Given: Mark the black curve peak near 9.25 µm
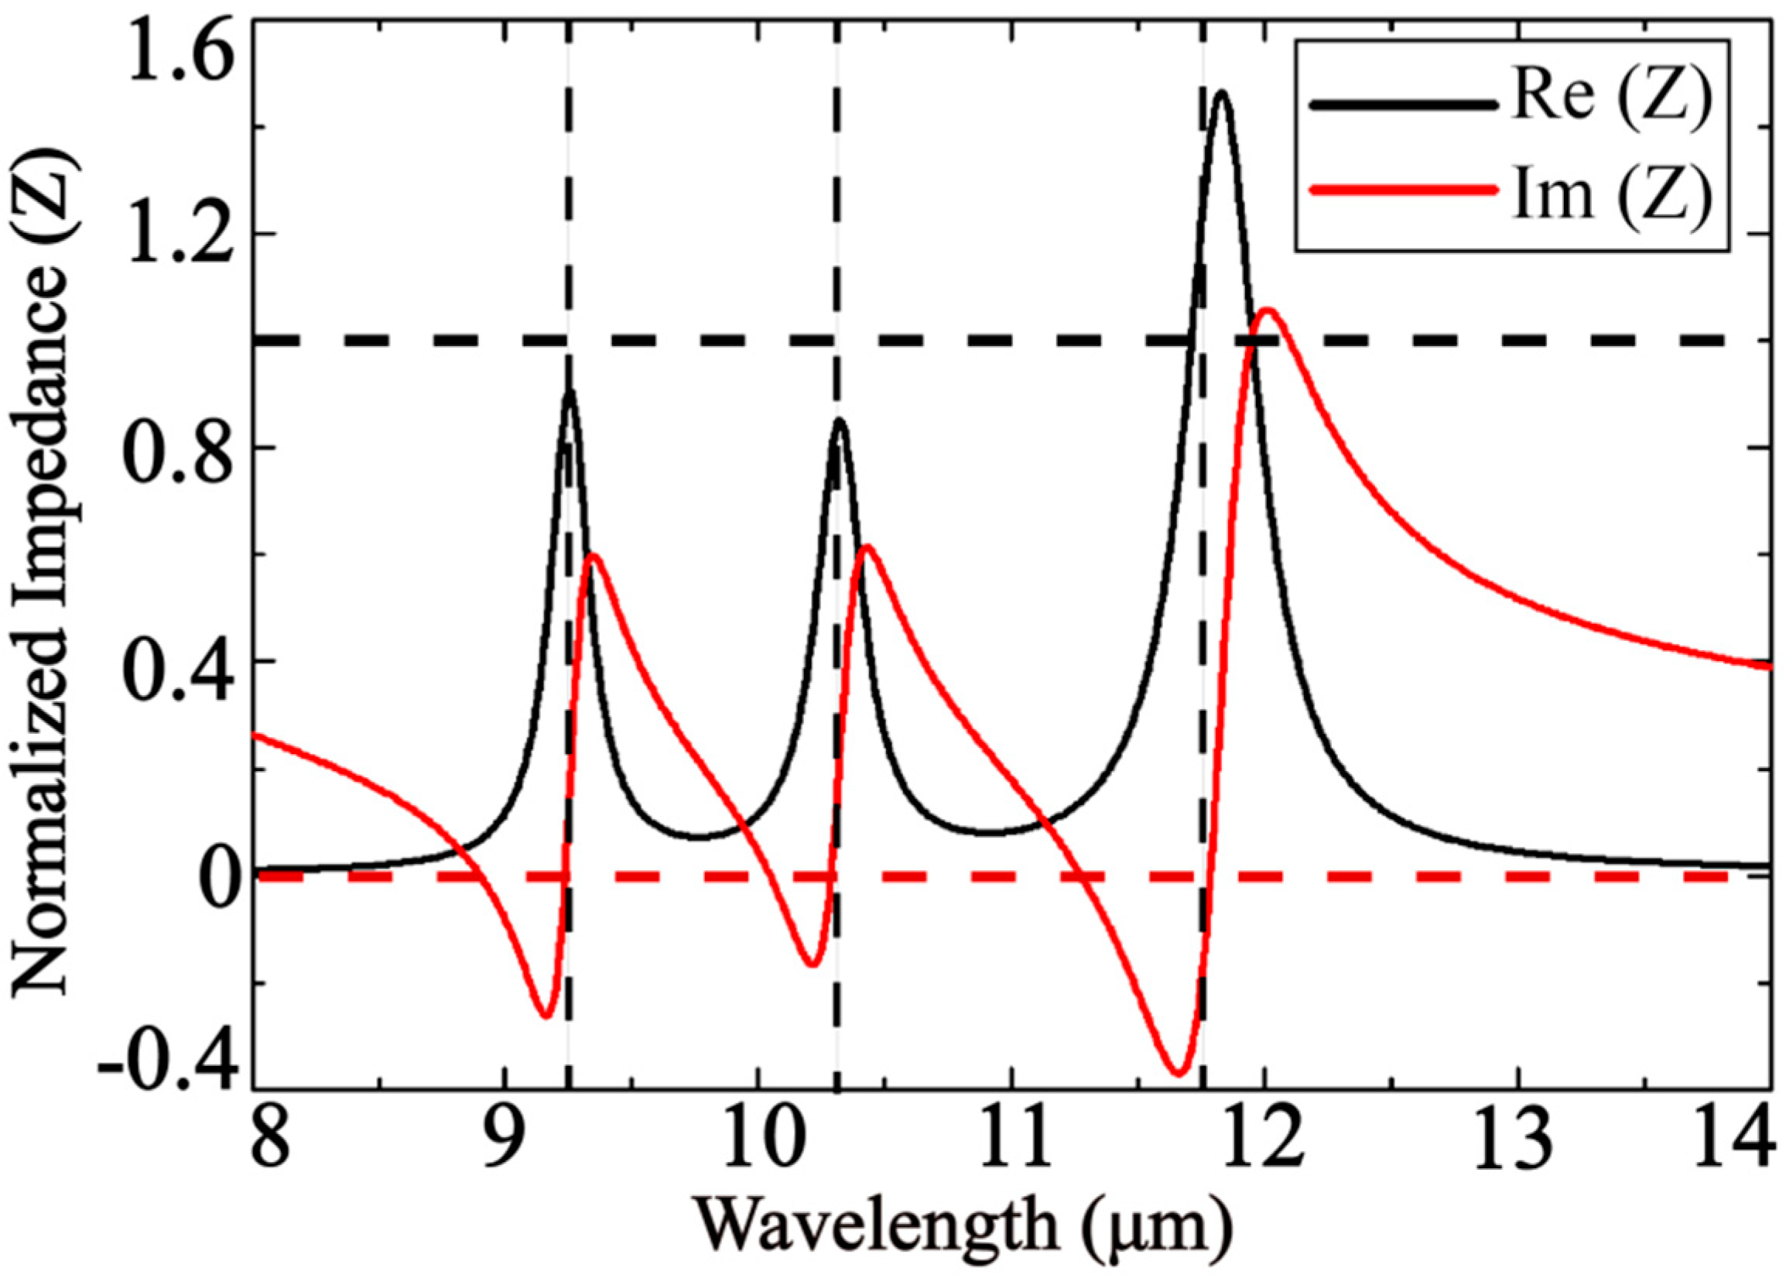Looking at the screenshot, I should coord(570,390).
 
